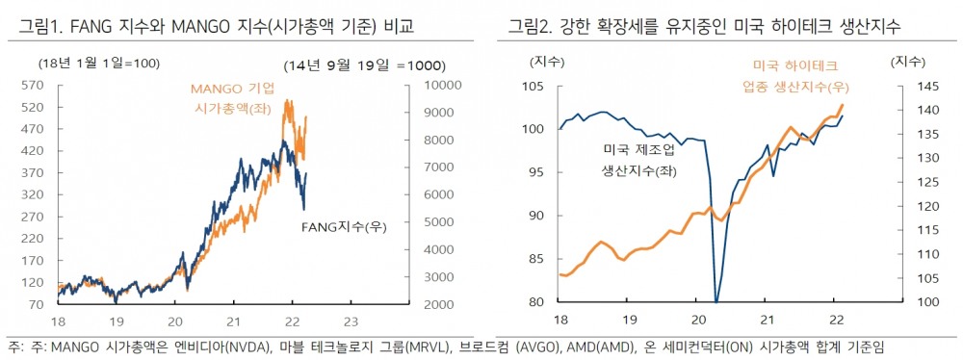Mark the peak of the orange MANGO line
287,100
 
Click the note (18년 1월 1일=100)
85,64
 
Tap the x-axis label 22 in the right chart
836,321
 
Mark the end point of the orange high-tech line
843,105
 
